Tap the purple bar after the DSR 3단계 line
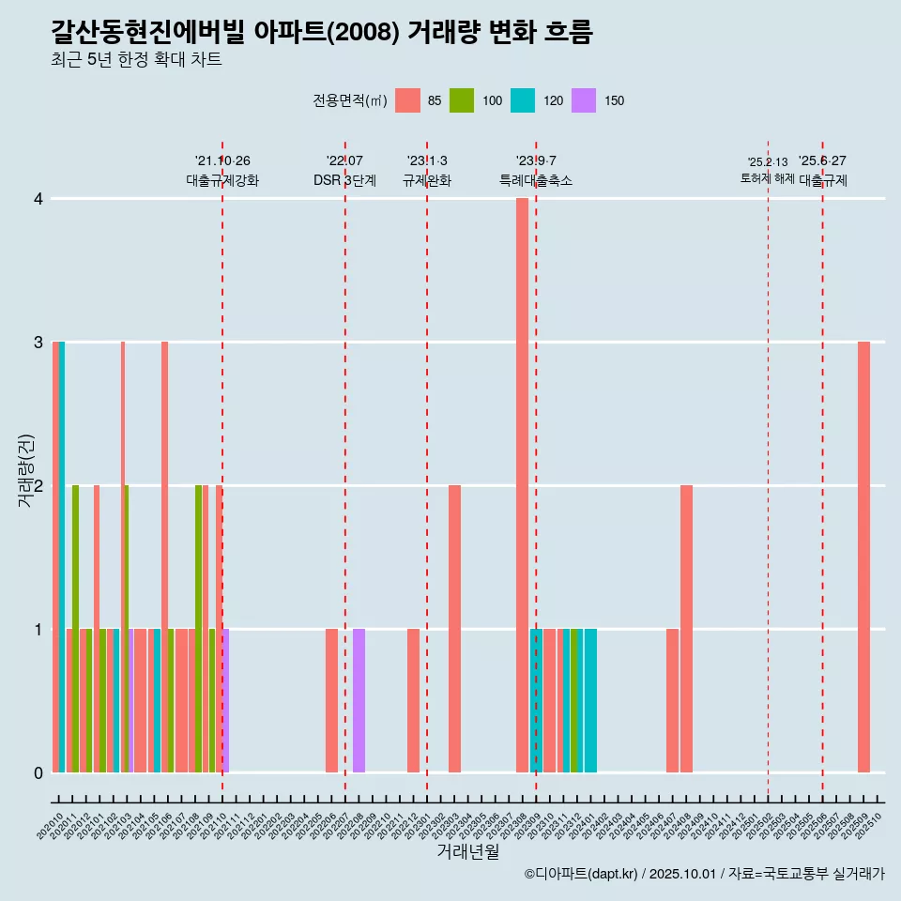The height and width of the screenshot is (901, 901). click(x=359, y=699)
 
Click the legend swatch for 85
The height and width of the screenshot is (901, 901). click(x=407, y=100)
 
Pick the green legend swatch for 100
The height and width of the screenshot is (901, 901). click(x=462, y=100)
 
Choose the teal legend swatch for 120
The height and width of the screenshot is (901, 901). click(x=523, y=100)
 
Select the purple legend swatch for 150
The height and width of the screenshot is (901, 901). click(x=584, y=100)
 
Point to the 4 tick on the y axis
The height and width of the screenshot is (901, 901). click(x=38, y=199)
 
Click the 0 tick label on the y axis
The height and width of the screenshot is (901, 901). click(x=38, y=772)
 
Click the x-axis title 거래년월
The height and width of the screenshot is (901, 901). click(x=467, y=851)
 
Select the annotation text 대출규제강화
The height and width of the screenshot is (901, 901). click(x=222, y=180)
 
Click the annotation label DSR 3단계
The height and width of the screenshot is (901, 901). click(x=344, y=180)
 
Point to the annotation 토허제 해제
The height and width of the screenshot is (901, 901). click(x=767, y=178)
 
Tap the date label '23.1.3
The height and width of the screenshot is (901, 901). click(x=427, y=161)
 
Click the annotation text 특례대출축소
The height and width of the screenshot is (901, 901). click(x=535, y=180)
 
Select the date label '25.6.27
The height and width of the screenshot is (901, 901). click(x=822, y=161)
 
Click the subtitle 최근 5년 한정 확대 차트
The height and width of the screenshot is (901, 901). click(x=136, y=60)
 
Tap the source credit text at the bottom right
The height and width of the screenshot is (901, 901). click(x=704, y=874)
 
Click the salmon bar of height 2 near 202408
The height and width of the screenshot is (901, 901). click(x=686, y=629)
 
